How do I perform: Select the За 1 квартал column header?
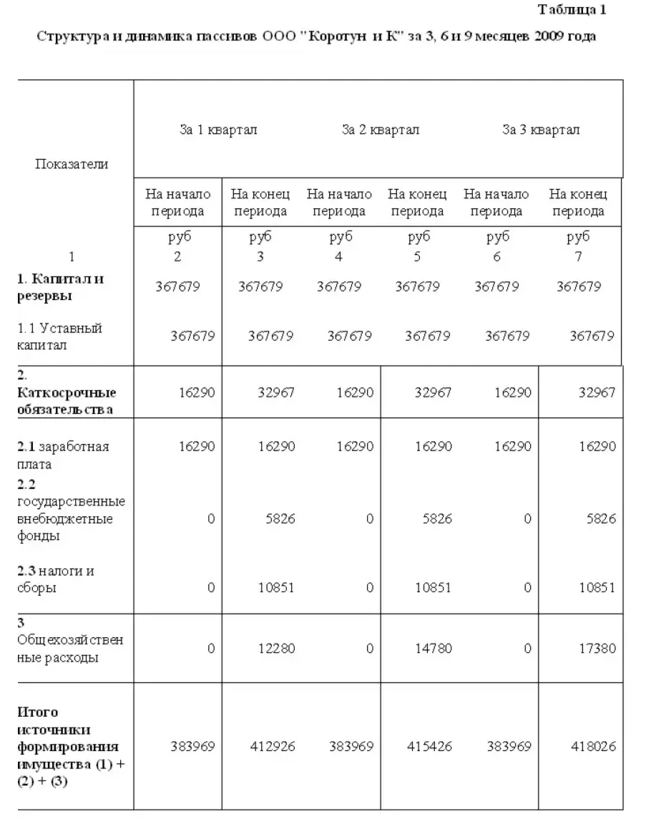[x=218, y=130]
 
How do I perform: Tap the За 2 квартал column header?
[x=381, y=130]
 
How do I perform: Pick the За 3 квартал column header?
[x=541, y=130]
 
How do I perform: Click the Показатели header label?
[x=72, y=164]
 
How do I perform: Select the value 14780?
[x=434, y=648]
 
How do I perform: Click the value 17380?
[x=597, y=648]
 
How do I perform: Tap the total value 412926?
[x=272, y=746]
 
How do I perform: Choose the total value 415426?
[x=429, y=746]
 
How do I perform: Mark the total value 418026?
[x=593, y=746]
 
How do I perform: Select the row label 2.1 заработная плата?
[x=63, y=455]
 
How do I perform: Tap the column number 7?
[x=578, y=256]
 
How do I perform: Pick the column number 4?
[x=339, y=256]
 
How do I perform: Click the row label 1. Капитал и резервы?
[x=60, y=286]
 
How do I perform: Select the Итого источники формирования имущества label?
[x=70, y=746]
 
